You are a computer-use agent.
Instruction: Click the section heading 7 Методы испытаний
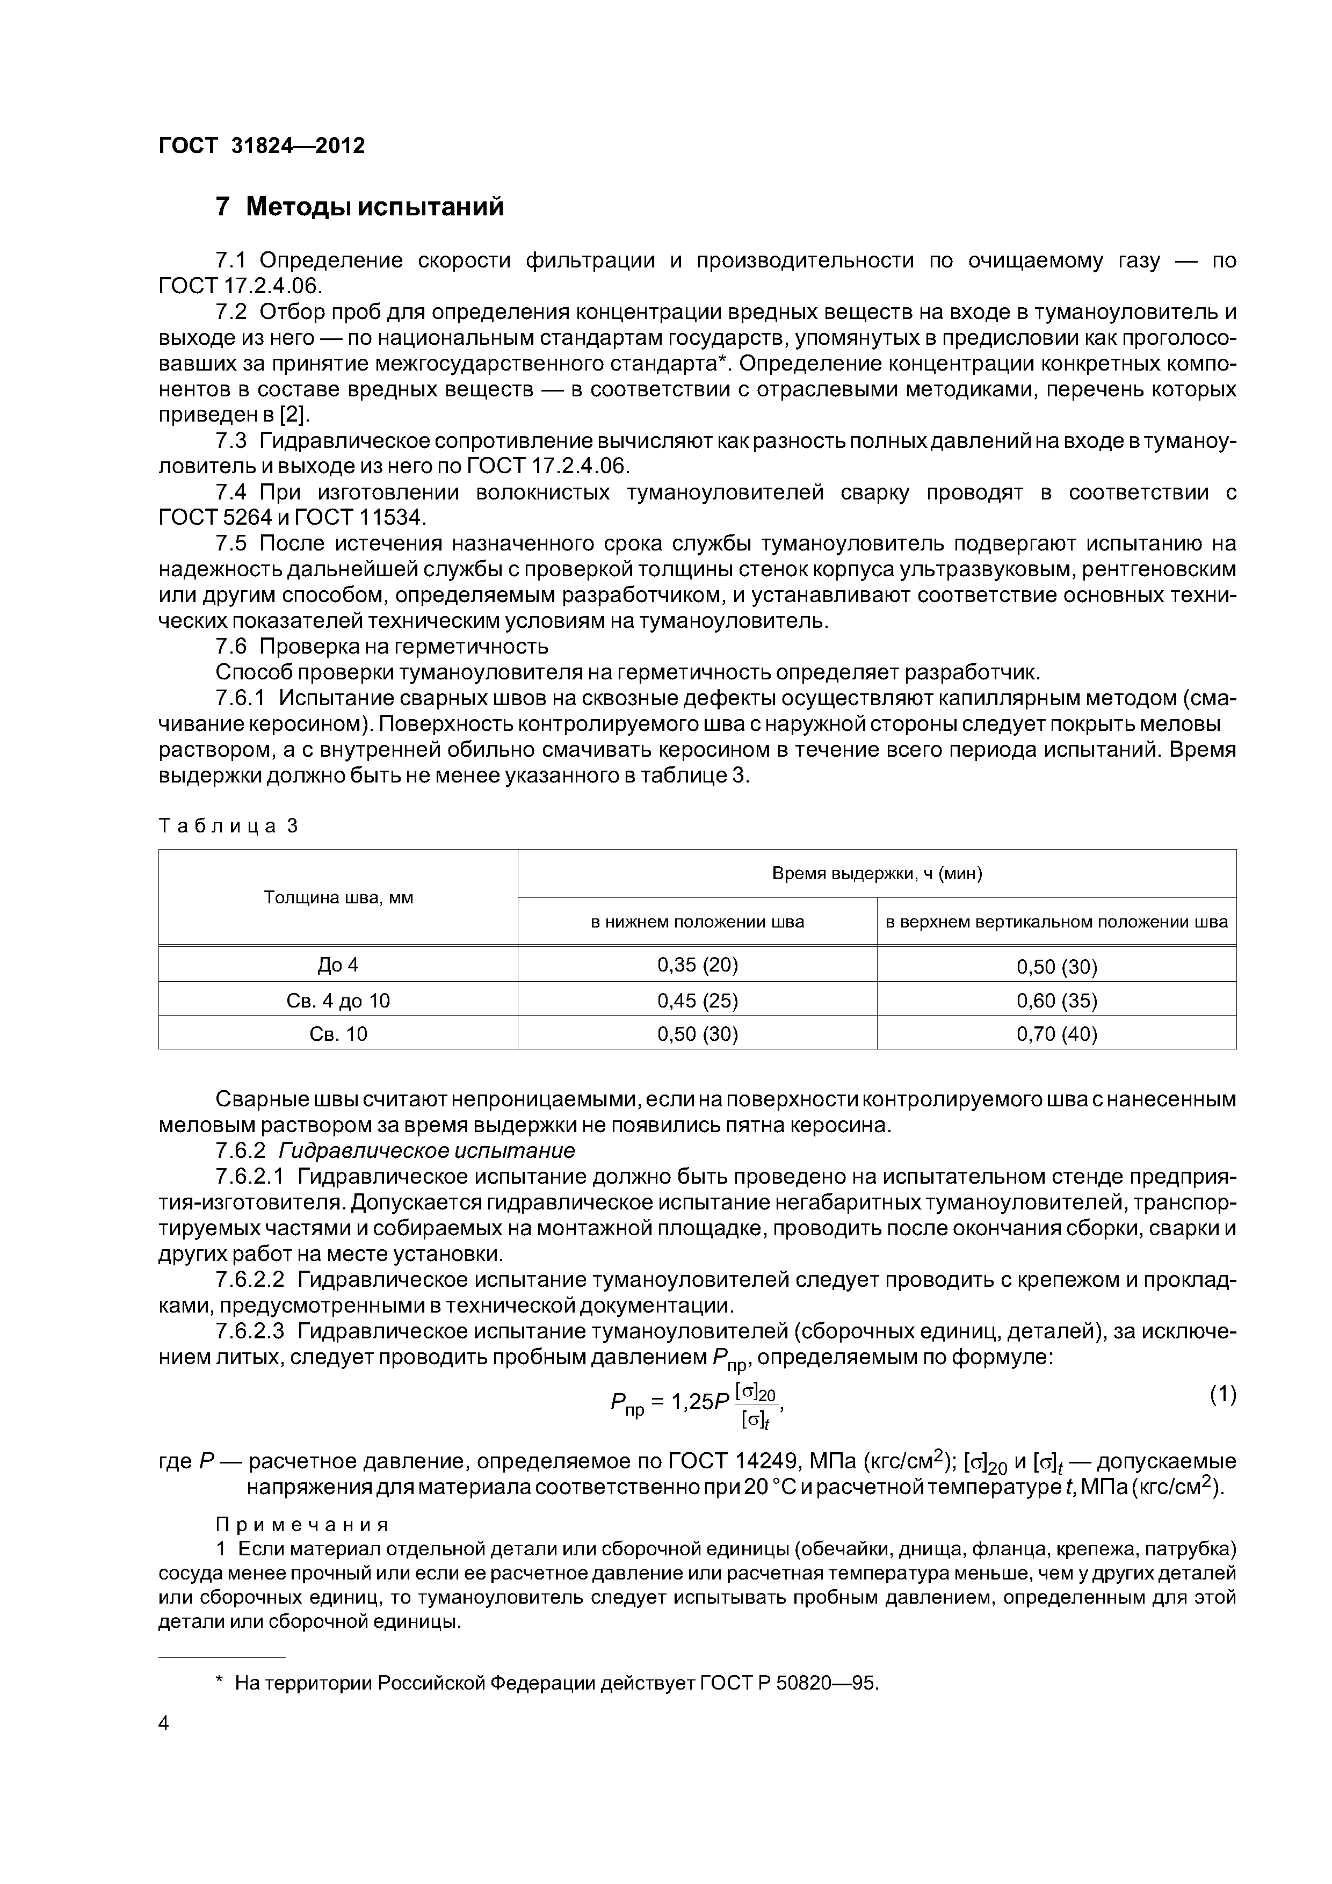tap(359, 207)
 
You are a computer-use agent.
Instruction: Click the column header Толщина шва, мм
tap(338, 897)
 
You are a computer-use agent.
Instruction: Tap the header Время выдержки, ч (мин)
tap(877, 873)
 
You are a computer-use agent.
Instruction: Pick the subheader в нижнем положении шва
tap(698, 922)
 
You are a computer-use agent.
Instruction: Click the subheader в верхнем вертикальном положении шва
tap(1056, 922)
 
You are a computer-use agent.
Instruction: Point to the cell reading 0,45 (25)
tap(698, 1000)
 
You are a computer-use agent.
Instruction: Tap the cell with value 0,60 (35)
tap(1056, 1000)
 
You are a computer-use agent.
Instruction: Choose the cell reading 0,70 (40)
tap(1056, 1034)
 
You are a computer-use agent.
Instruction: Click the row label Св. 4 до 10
tap(338, 1000)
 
